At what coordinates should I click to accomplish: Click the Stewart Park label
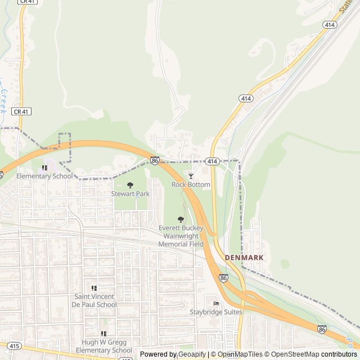click(x=130, y=193)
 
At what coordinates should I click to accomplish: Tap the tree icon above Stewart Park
click(x=130, y=185)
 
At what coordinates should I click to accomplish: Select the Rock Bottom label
click(x=191, y=184)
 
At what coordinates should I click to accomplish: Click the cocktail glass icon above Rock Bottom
click(x=191, y=176)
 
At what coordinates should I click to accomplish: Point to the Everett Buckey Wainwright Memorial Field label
click(x=181, y=236)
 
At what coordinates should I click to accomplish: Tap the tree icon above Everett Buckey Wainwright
click(x=181, y=219)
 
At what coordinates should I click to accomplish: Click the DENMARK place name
click(x=244, y=257)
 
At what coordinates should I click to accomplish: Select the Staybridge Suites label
click(x=217, y=312)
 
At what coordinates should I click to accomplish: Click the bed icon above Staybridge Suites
click(x=216, y=304)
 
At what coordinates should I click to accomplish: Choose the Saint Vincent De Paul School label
click(x=95, y=300)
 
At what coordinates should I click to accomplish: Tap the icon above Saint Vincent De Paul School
click(x=94, y=288)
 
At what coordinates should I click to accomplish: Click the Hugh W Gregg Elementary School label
click(x=103, y=346)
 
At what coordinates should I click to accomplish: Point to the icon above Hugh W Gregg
click(x=103, y=334)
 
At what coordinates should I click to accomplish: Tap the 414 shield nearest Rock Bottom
click(x=211, y=161)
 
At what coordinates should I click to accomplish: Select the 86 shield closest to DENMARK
click(x=224, y=278)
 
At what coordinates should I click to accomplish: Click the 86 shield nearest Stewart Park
click(x=155, y=161)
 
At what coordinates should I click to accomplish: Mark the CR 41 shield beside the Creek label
click(x=21, y=111)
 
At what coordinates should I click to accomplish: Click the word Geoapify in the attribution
click(x=191, y=354)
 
